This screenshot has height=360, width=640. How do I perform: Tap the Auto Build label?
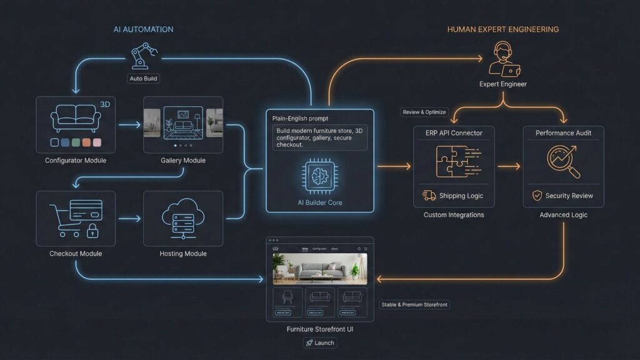pos(143,79)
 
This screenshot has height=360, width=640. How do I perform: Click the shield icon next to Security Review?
pos(537,196)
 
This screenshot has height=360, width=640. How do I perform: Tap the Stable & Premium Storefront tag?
pos(414,304)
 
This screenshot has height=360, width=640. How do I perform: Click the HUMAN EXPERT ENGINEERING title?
pos(502,29)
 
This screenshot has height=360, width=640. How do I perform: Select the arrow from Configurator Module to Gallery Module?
pos(129,125)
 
